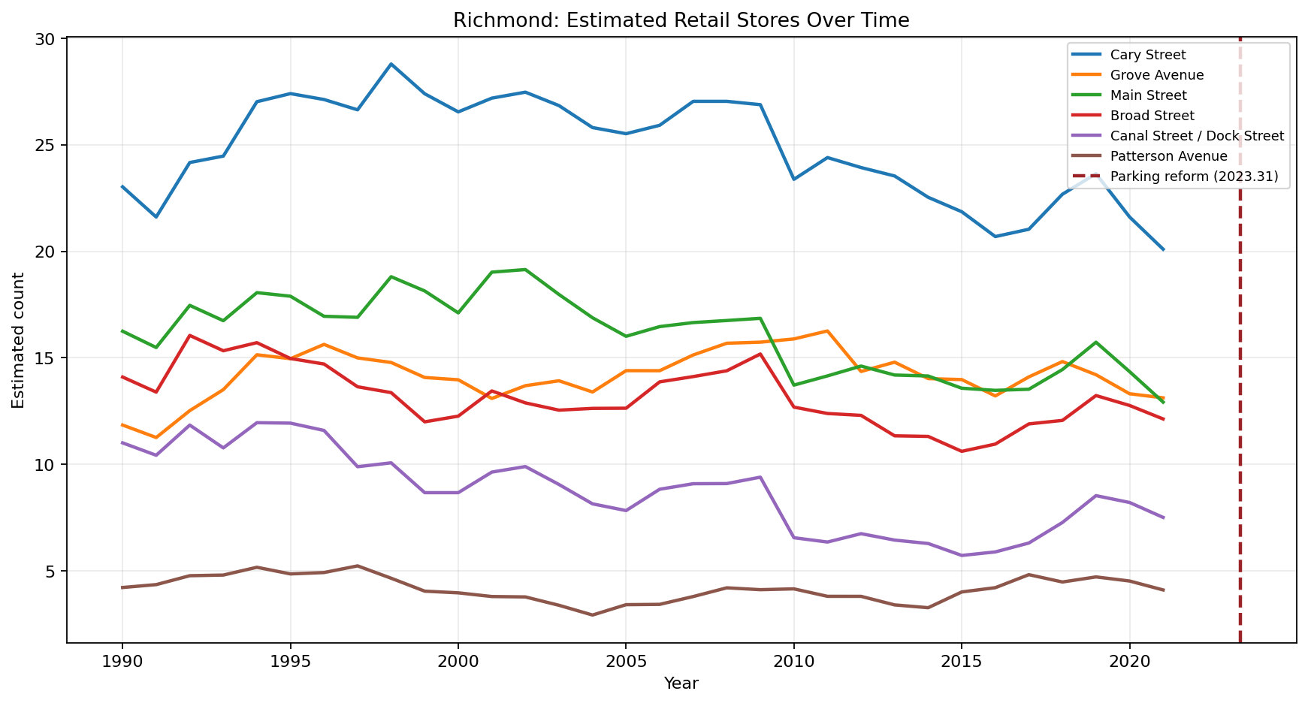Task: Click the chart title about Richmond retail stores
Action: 681,20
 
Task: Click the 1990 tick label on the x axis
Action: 122,661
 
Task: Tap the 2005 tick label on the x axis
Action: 625,661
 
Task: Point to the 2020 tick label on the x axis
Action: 1128,661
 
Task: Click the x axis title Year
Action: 681,683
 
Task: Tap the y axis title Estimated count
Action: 19,340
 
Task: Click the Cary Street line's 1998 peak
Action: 391,64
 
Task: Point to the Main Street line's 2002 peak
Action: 525,270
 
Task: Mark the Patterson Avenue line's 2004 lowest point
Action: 592,615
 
